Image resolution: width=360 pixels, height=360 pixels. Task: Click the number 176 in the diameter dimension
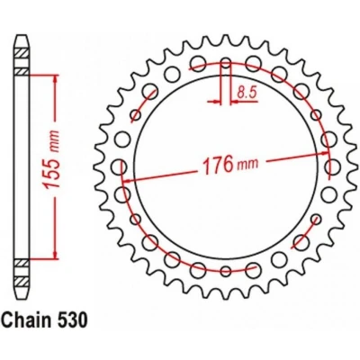219,165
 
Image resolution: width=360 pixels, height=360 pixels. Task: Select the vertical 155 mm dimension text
51,159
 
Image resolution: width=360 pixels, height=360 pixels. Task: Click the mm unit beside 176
247,164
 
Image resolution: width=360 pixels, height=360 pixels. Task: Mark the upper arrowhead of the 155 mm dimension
55,78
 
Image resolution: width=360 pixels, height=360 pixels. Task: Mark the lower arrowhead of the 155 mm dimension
55,254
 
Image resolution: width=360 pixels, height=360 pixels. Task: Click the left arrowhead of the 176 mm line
129,181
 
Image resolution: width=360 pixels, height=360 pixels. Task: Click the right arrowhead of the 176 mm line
324,153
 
